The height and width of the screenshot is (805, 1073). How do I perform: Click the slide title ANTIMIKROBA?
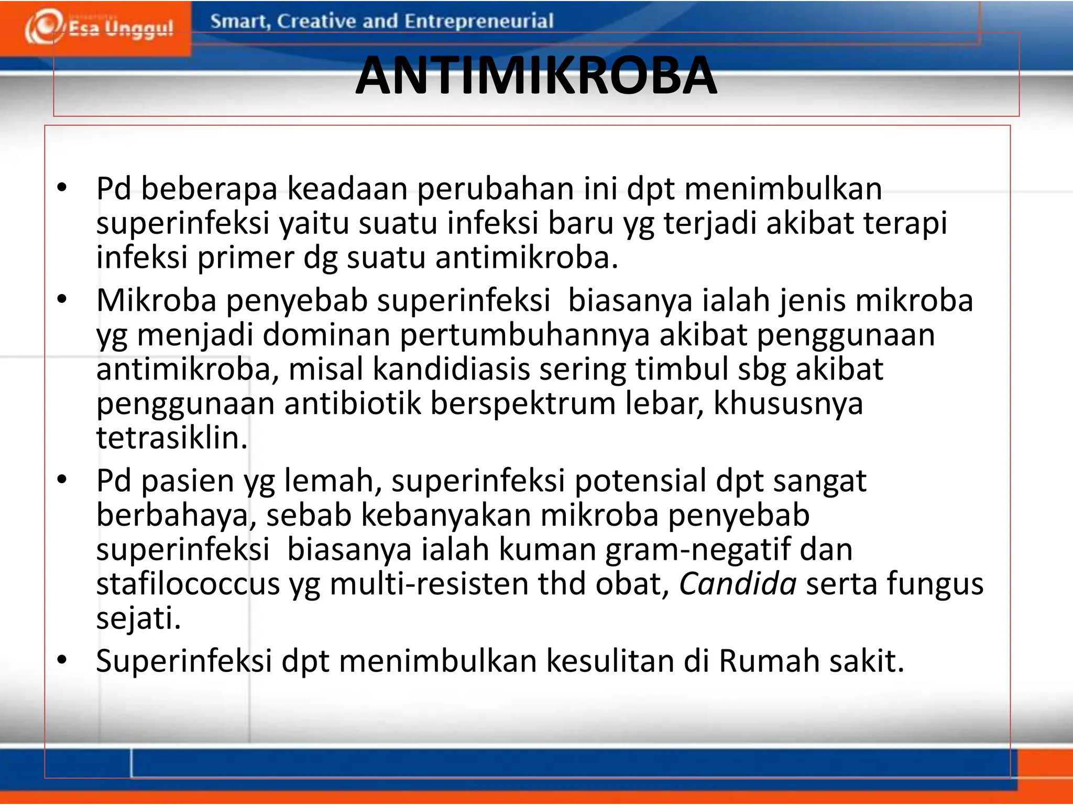click(536, 76)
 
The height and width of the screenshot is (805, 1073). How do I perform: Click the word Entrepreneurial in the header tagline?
click(479, 21)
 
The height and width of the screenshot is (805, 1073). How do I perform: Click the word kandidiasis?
click(452, 369)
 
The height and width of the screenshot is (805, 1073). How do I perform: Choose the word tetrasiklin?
click(171, 438)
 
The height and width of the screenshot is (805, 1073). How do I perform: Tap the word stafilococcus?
click(188, 584)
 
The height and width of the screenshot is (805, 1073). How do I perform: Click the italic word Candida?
click(738, 584)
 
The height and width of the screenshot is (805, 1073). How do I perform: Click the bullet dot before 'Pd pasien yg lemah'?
click(62, 480)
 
